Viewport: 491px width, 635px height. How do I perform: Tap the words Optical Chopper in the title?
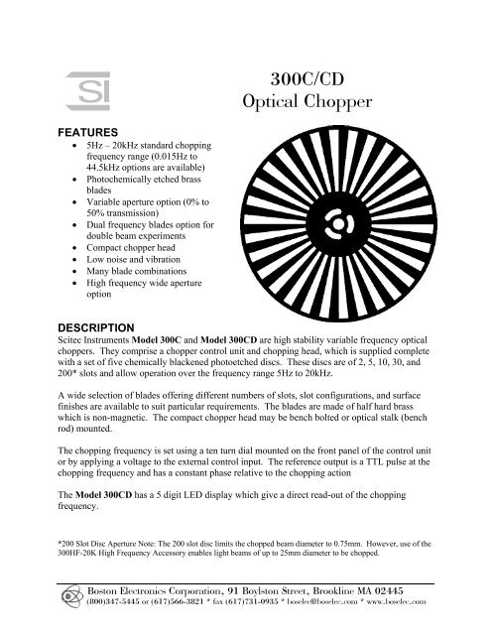click(309, 104)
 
